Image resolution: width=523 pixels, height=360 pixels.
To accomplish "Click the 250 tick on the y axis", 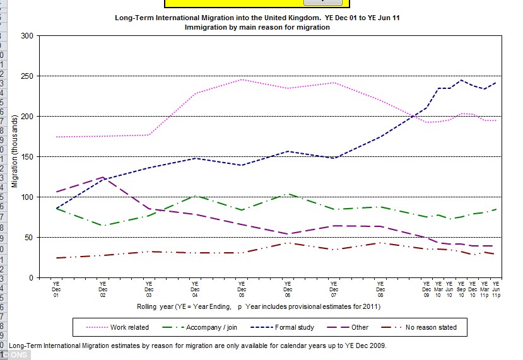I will pyautogui.click(x=28, y=76).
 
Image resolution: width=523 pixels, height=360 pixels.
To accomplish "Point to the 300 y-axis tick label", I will pyautogui.click(x=28, y=36).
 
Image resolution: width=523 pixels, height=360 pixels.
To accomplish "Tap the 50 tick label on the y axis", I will pyautogui.click(x=30, y=238).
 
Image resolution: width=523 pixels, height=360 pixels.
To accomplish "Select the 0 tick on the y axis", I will pyautogui.click(x=32, y=278).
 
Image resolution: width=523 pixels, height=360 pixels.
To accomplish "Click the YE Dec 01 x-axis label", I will pyautogui.click(x=56, y=289).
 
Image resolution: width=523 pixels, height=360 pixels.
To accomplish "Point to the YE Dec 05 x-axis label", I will pyautogui.click(x=242, y=289).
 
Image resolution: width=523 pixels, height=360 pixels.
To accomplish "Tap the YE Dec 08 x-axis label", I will pyautogui.click(x=380, y=289).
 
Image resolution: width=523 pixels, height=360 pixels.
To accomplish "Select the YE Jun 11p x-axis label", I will pyautogui.click(x=497, y=289).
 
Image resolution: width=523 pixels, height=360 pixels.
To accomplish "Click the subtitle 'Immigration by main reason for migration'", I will pyautogui.click(x=257, y=27).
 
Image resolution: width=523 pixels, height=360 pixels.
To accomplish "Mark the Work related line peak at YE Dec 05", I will pyautogui.click(x=242, y=79).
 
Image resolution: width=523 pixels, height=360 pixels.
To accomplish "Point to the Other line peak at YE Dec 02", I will pyautogui.click(x=102, y=177).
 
